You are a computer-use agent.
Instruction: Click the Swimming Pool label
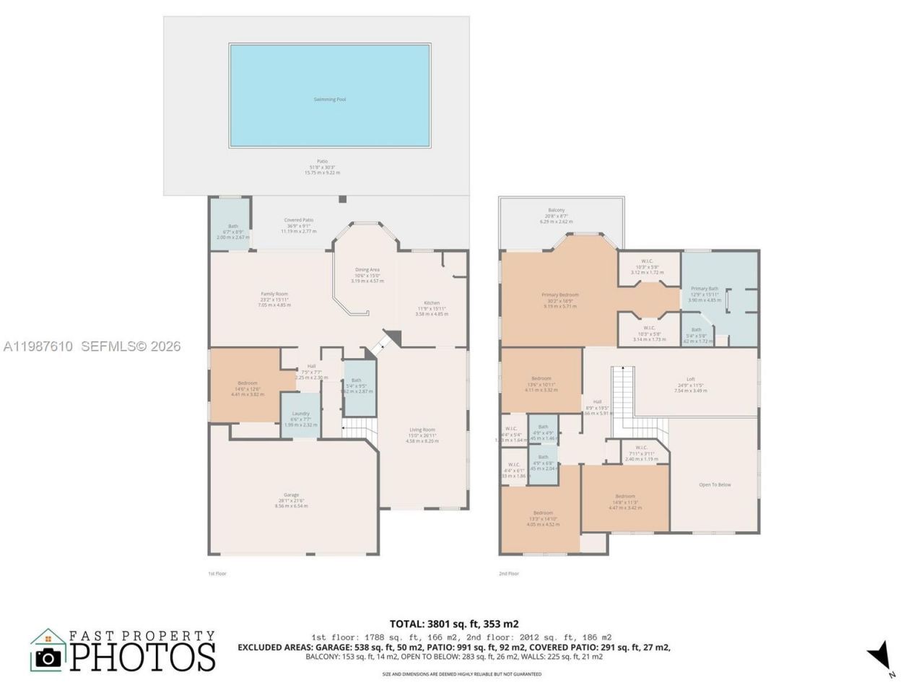coord(329,99)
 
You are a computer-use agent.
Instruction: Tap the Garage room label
coord(291,495)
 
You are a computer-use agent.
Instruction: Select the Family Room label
coord(274,294)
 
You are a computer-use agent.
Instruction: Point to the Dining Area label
coord(367,270)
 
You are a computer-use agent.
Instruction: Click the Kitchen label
coord(432,303)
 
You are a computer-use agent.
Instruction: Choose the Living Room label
coord(422,430)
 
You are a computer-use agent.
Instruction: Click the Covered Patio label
coord(298,220)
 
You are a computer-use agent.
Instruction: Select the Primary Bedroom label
coord(560,295)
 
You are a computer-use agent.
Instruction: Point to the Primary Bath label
coord(704,289)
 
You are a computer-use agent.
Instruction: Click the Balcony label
coord(556,210)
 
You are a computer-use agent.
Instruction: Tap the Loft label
coord(690,379)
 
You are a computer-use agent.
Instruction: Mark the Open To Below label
coord(715,484)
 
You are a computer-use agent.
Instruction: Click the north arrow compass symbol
coord(881,655)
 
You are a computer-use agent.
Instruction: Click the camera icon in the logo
coord(48,656)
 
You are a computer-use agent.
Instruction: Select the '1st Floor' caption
coord(217,573)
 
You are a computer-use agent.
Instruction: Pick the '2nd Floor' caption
coord(508,573)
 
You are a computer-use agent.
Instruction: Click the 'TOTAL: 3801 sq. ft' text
coord(454,624)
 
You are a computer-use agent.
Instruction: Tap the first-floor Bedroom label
coord(247,383)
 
